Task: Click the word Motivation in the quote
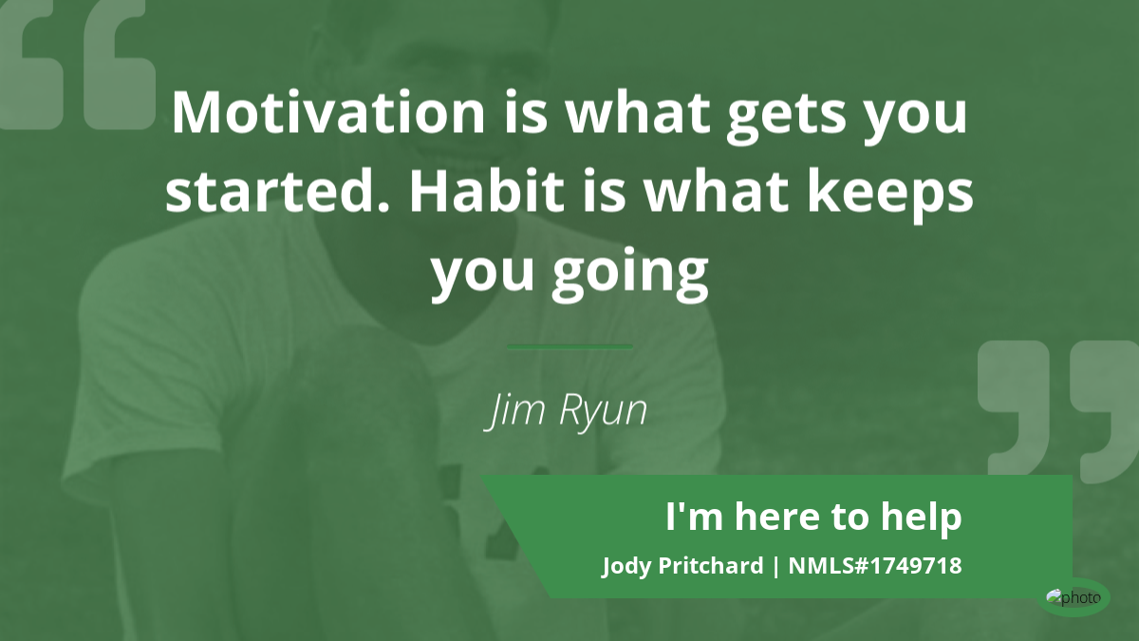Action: point(328,112)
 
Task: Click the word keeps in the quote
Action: point(890,196)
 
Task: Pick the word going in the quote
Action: point(630,273)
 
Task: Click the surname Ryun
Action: point(603,412)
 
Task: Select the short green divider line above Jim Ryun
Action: point(569,347)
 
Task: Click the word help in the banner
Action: point(921,518)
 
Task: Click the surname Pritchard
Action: point(711,565)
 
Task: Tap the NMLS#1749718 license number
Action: point(875,565)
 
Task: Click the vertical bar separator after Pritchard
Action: point(776,566)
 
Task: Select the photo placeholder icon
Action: point(1074,597)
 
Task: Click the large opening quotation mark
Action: point(77,65)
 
